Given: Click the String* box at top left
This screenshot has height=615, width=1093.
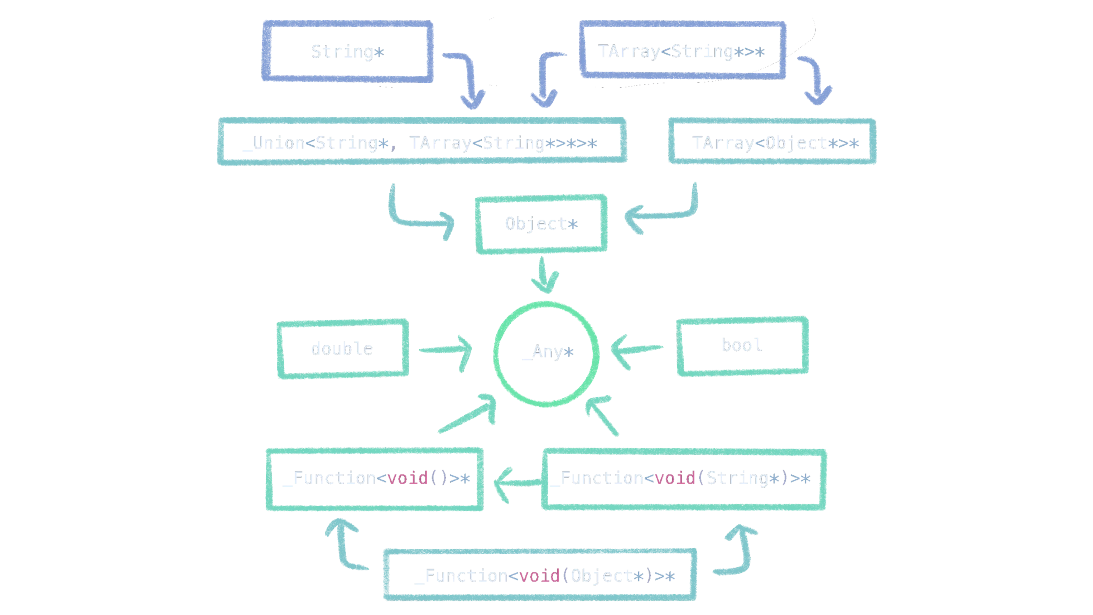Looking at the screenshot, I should [347, 52].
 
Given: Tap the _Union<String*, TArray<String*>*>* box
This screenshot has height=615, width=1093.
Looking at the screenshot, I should [421, 142].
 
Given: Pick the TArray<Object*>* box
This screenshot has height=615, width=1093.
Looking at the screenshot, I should [772, 142].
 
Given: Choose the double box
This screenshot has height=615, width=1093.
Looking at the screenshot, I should [342, 349].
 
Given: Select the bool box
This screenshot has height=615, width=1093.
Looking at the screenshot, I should [742, 346].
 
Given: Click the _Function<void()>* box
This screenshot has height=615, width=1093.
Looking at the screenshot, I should [374, 479].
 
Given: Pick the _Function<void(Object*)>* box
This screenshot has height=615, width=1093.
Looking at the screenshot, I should [540, 575].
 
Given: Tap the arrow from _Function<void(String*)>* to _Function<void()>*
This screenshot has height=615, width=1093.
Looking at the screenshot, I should [516, 482].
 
